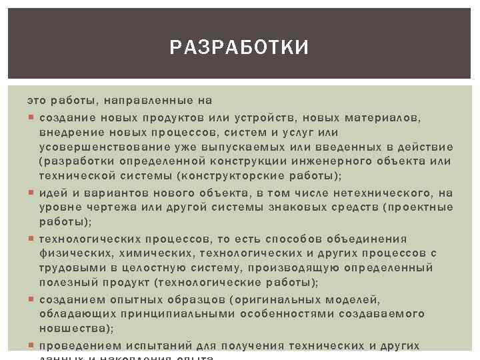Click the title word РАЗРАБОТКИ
pos(239,48)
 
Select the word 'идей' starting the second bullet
pos(53,193)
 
